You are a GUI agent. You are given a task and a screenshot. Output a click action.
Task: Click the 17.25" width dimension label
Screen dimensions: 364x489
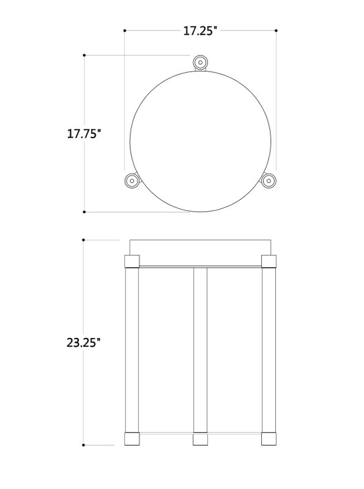[200, 31]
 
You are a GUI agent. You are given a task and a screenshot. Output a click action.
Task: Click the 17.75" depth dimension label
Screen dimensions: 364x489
[84, 134]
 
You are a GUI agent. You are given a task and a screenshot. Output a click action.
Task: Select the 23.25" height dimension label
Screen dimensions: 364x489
[84, 342]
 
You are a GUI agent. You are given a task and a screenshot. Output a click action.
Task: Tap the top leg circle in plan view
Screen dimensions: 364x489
[200, 62]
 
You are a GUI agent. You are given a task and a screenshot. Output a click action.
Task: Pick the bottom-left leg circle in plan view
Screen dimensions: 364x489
[132, 180]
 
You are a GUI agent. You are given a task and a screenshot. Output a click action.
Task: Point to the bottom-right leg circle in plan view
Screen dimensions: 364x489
[269, 180]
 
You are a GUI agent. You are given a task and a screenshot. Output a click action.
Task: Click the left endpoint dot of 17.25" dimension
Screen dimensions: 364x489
[125, 31]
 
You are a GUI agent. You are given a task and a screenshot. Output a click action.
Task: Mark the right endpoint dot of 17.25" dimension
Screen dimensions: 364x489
[276, 31]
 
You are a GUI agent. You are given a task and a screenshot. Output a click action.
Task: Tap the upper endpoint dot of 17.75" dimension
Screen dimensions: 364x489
[84, 55]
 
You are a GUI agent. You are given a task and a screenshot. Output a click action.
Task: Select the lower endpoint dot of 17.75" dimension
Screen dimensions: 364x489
[84, 211]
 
